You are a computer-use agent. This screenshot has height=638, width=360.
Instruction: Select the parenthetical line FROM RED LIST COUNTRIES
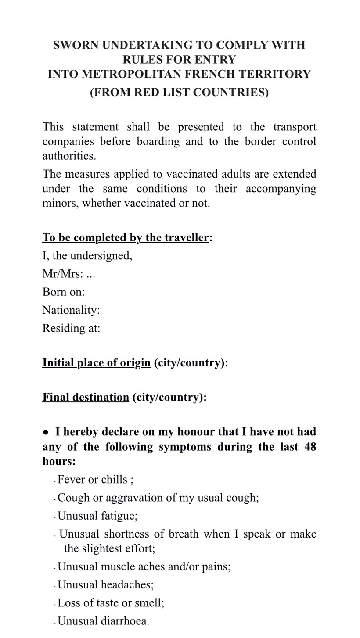179,93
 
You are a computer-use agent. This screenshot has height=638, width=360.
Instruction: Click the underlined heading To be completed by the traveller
125,238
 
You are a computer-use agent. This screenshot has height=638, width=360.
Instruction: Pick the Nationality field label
71,310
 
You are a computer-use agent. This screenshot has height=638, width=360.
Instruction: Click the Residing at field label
71,328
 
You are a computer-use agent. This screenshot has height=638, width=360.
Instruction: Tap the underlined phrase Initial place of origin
96,363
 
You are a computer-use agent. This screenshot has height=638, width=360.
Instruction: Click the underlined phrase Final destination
85,397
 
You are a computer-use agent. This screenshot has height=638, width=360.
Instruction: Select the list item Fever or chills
95,480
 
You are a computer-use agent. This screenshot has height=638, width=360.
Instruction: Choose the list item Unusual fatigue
97,516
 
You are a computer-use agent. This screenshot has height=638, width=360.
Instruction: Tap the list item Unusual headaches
105,584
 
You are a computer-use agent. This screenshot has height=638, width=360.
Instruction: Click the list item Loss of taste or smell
111,603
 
